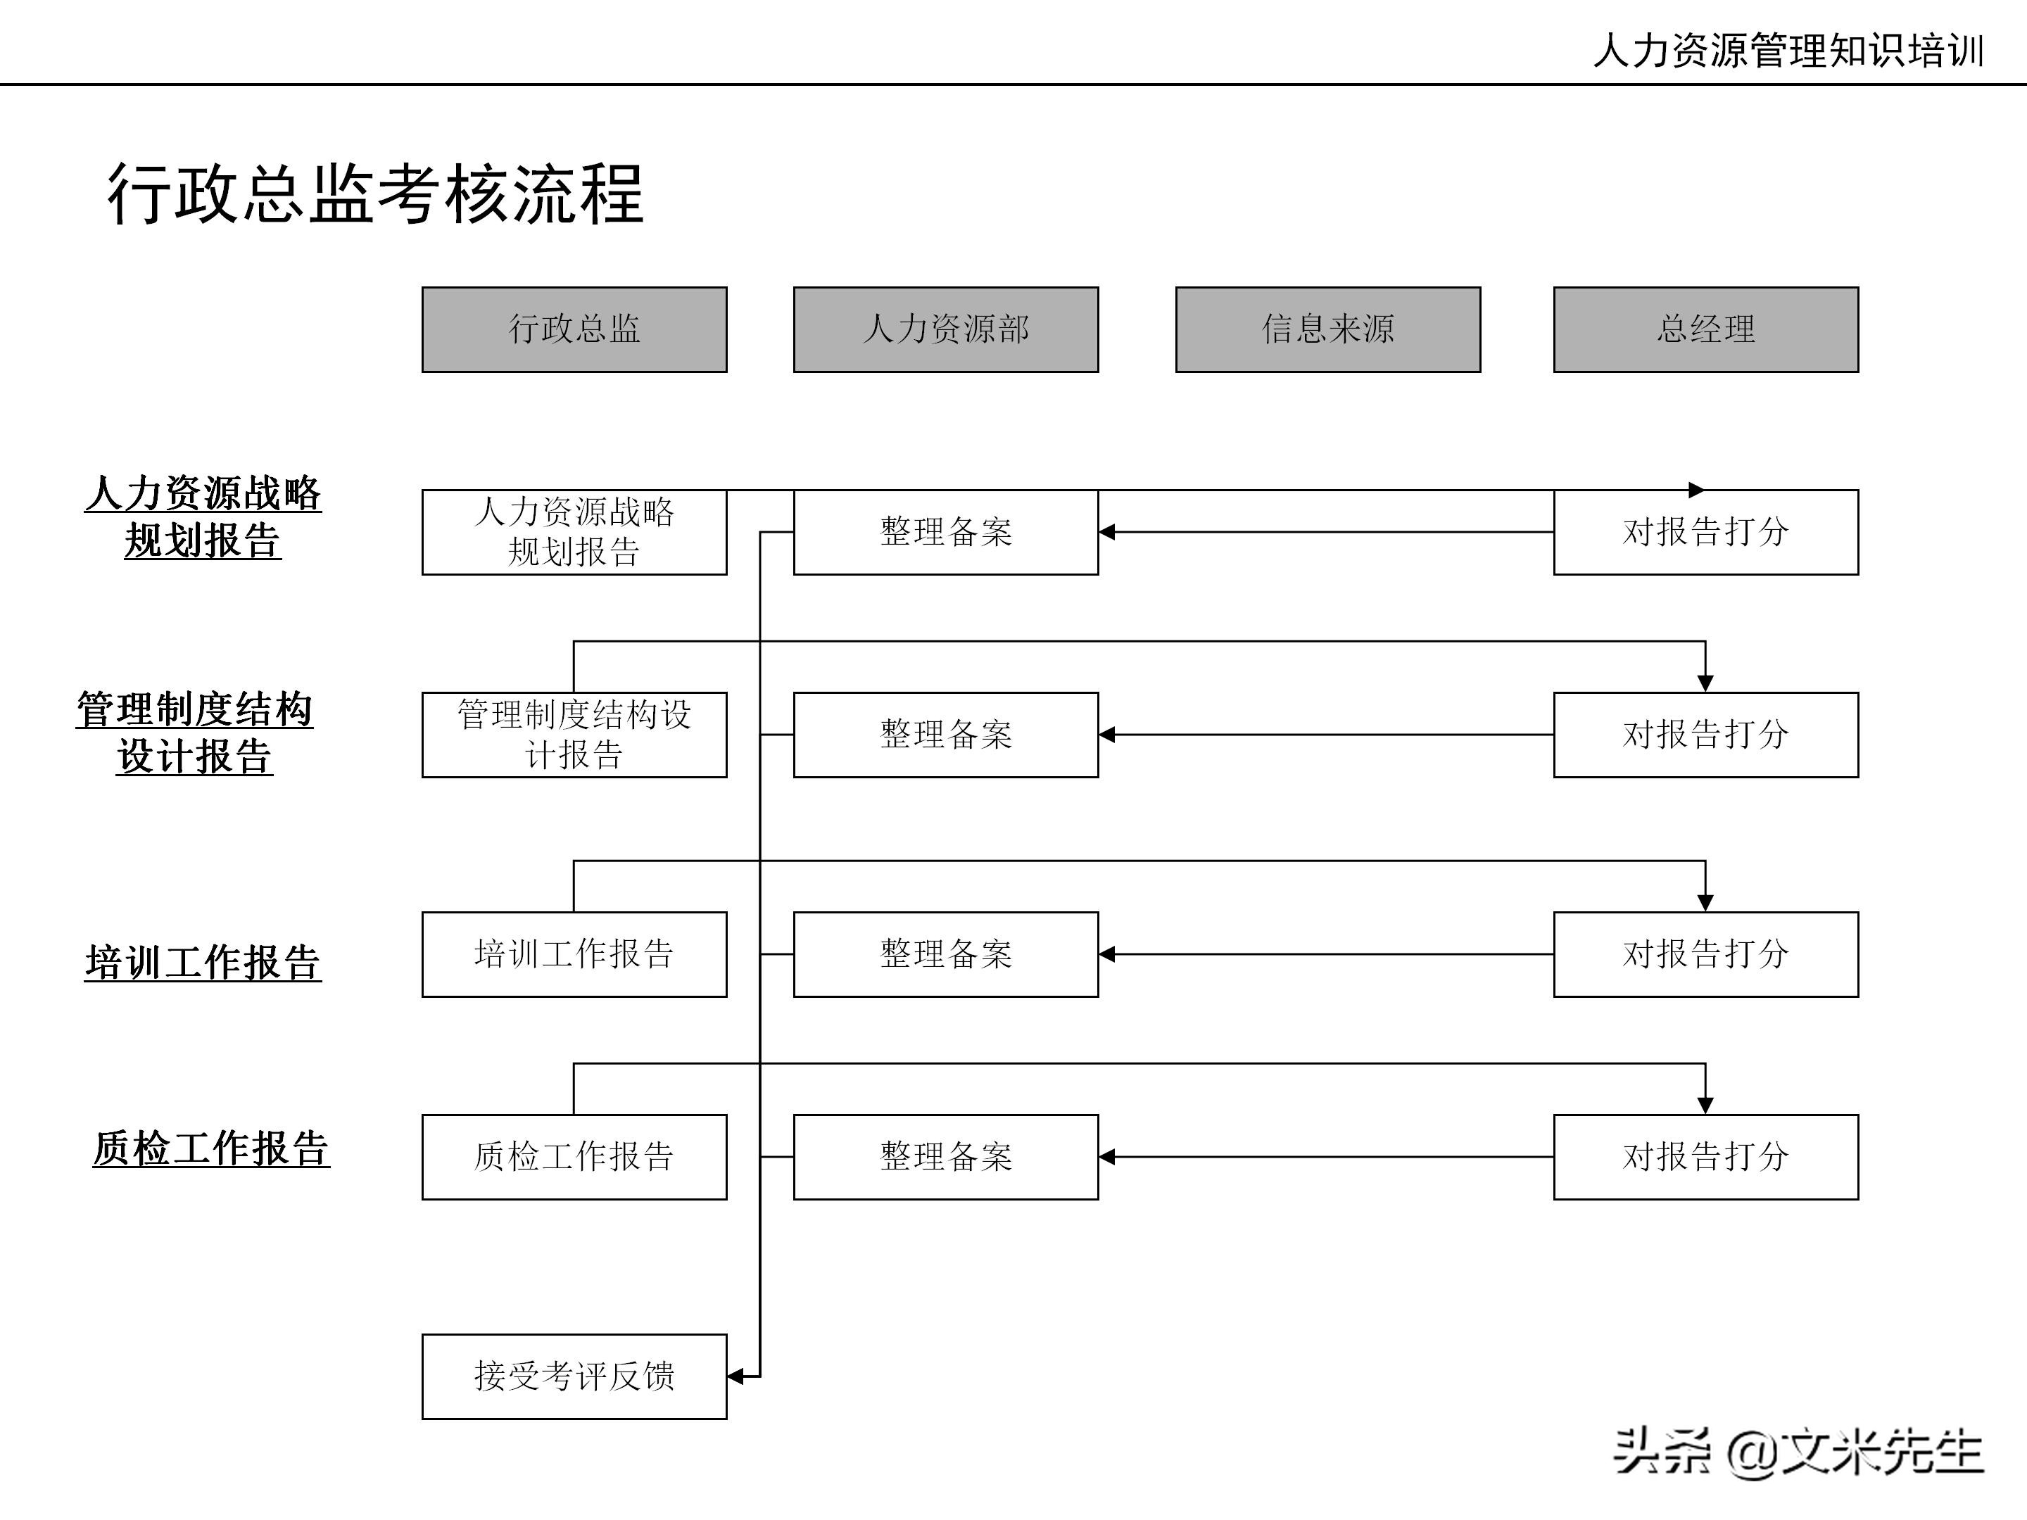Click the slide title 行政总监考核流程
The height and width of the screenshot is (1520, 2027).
376,194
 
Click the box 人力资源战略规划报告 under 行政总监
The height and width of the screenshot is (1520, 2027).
574,532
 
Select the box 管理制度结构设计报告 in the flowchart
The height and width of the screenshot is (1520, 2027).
574,735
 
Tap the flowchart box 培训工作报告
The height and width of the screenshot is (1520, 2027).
574,954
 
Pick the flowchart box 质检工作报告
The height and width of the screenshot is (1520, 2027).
574,1157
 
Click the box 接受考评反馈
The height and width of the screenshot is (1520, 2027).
574,1376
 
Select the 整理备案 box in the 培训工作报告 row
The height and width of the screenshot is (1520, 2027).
946,954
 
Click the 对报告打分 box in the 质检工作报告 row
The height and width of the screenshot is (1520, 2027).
1705,1157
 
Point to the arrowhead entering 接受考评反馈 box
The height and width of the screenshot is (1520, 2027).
735,1376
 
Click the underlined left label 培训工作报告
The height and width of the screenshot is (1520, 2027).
203,963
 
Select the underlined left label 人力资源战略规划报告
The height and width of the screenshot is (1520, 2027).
203,517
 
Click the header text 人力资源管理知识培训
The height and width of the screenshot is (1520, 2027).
1788,51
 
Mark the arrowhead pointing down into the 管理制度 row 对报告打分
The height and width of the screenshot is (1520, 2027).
1705,683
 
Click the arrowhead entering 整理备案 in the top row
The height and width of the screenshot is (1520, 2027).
1107,532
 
